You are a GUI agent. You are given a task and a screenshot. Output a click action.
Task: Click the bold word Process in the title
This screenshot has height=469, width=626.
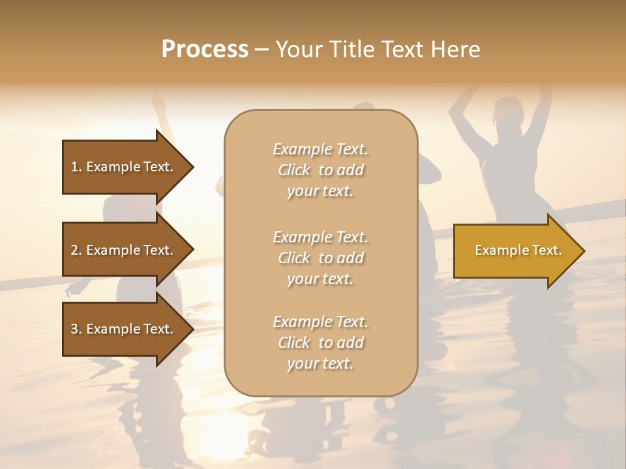point(205,50)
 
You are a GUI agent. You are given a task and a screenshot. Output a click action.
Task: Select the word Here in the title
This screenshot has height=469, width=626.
point(456,50)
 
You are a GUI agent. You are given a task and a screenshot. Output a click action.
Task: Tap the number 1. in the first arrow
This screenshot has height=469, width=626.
point(76,167)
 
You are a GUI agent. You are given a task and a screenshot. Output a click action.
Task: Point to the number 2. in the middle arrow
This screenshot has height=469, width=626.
point(76,250)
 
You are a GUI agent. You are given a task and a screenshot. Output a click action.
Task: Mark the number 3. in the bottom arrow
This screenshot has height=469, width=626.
point(76,329)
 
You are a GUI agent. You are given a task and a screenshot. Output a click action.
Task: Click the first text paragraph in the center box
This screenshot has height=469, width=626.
point(320,170)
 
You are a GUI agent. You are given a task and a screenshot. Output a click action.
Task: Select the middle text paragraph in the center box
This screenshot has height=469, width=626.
point(320,258)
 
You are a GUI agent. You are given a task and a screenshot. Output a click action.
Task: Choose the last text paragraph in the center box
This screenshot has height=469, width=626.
point(320,343)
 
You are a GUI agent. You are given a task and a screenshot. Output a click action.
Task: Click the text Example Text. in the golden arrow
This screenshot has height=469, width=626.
point(518,250)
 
